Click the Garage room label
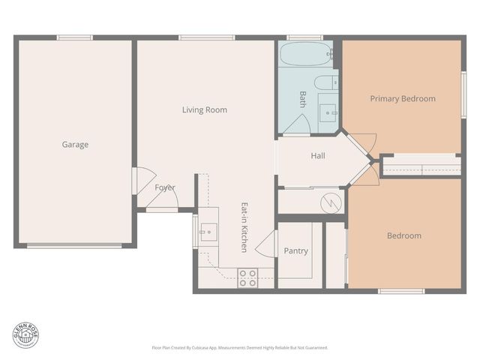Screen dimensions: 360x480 [x=75, y=145]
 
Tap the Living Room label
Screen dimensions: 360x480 [x=204, y=110]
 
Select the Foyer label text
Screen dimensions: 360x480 [x=165, y=187]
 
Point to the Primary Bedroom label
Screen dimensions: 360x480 [x=403, y=99]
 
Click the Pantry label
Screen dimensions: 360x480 [x=295, y=251]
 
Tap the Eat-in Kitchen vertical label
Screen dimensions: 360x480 [x=244, y=226]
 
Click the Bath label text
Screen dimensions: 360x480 [x=303, y=99]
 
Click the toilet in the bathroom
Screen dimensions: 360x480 [x=325, y=82]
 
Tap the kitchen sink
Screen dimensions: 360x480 [x=208, y=232]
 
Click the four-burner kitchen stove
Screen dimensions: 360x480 [x=247, y=277]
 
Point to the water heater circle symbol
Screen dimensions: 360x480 [x=331, y=202]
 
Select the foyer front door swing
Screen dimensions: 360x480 [x=162, y=200]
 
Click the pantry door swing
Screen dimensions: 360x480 [x=266, y=243]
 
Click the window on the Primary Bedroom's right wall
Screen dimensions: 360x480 [x=463, y=94]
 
